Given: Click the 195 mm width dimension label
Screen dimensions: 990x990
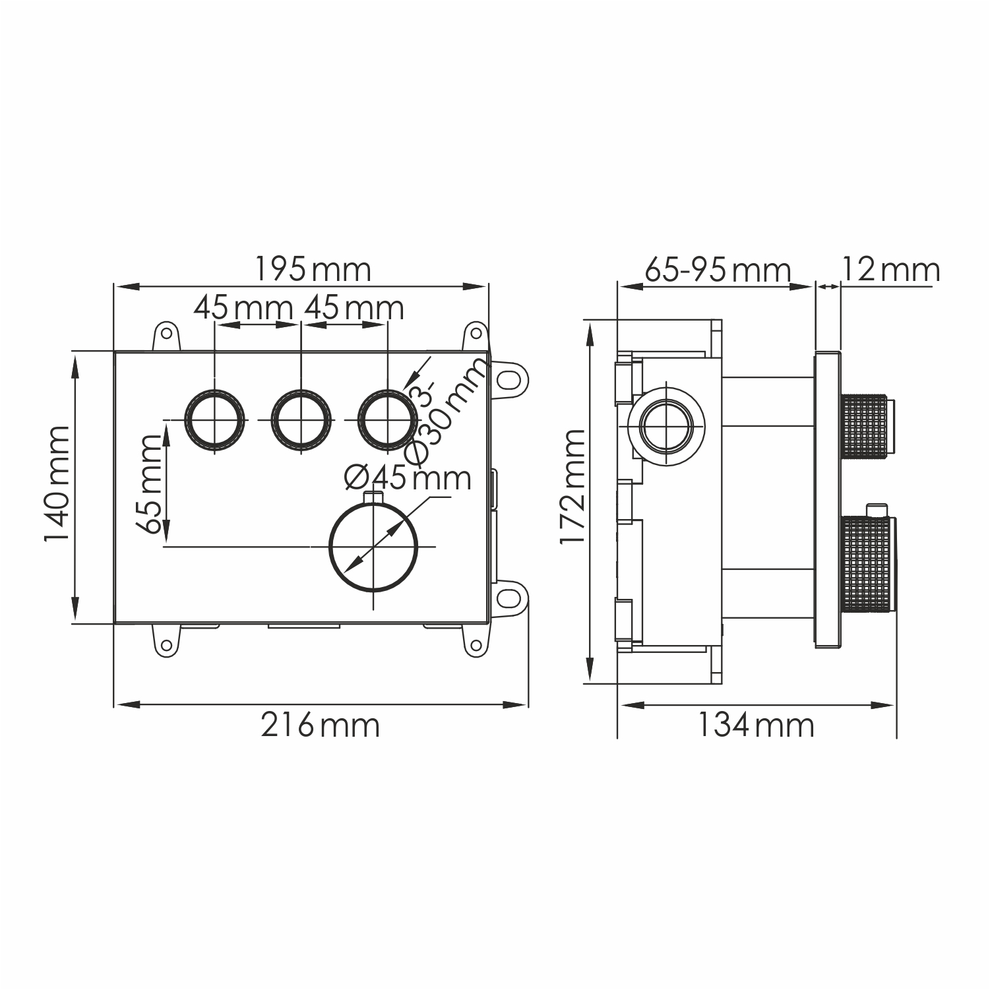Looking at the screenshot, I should pos(313,270).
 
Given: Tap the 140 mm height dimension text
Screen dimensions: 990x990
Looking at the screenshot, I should pos(57,483).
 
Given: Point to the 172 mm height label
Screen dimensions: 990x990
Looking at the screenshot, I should pos(572,486).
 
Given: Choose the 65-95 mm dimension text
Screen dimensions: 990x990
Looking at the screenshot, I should pos(717,270).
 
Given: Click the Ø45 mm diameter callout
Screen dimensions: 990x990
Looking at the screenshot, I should pos(408,478).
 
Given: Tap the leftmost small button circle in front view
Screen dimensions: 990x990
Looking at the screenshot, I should pos(215,420).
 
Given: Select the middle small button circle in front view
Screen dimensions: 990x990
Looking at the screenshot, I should pos(301,420).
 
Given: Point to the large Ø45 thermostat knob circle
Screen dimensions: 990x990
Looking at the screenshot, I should pos(374,547).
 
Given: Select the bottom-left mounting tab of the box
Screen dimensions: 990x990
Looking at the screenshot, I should pos(166,641).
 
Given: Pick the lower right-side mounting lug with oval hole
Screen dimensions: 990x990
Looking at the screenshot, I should pos(510,596).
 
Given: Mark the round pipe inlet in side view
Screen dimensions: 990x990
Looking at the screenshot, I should pos(666,424).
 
